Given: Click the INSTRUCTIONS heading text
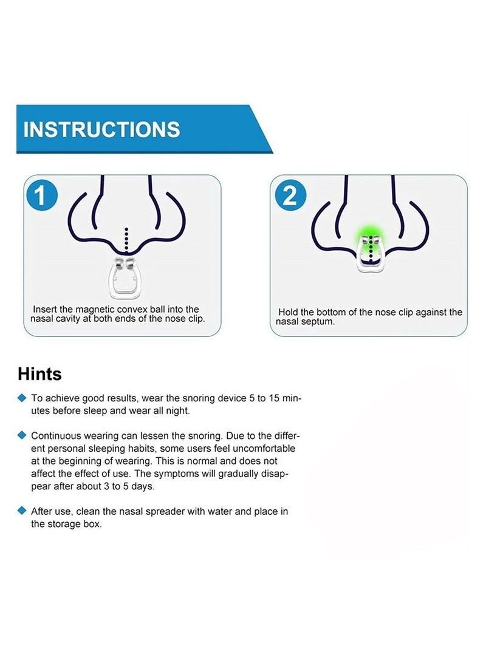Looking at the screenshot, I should (102, 129).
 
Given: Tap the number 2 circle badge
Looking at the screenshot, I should (290, 196).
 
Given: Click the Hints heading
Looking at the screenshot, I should (39, 373).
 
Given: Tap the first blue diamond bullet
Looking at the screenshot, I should (22, 398).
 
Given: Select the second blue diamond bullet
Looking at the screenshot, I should (22, 435).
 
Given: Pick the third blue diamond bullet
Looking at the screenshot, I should (22, 511).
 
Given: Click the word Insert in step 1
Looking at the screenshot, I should (44, 309).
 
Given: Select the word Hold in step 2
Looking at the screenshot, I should (289, 312).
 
